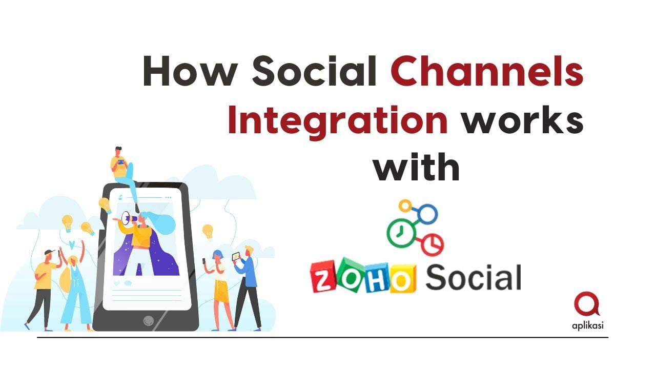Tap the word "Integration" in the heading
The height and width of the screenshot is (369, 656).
point(337,121)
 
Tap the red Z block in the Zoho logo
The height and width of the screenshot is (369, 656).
point(325,278)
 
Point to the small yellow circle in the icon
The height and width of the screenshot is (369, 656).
point(405,206)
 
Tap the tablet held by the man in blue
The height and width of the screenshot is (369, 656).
point(236,256)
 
